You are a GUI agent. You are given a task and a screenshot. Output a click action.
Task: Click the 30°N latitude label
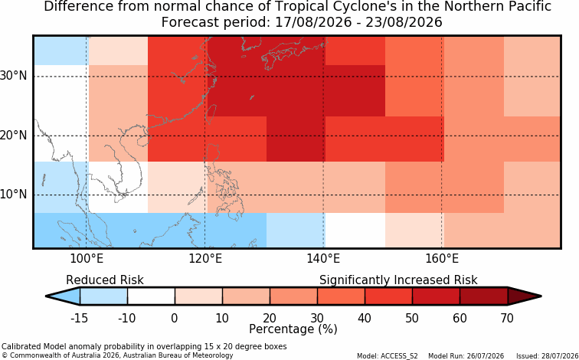[x=14, y=76]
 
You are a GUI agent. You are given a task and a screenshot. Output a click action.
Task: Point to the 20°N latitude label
[x=14, y=136]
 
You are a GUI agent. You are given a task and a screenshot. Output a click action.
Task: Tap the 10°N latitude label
[x=14, y=195]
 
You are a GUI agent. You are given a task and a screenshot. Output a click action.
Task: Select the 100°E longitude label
[x=87, y=258]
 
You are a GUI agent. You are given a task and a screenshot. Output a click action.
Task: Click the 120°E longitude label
[x=205, y=258]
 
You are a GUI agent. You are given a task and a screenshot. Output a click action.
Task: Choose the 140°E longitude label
[x=323, y=258]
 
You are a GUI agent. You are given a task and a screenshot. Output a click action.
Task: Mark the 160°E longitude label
[x=442, y=258]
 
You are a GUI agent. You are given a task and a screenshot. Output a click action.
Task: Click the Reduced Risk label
[x=105, y=280]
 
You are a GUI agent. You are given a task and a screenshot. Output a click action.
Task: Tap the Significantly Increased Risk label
[x=398, y=280]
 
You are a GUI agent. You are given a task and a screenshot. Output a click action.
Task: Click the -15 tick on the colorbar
[x=79, y=318]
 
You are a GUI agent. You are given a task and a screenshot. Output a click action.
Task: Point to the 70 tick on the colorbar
[x=507, y=318]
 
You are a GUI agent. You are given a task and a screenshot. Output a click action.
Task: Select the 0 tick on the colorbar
[x=175, y=318]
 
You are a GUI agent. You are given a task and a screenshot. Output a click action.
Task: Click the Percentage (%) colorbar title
[x=293, y=329]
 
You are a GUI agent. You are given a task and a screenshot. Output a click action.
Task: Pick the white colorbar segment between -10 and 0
[x=151, y=296]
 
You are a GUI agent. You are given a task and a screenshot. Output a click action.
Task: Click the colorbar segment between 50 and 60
[x=436, y=296]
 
